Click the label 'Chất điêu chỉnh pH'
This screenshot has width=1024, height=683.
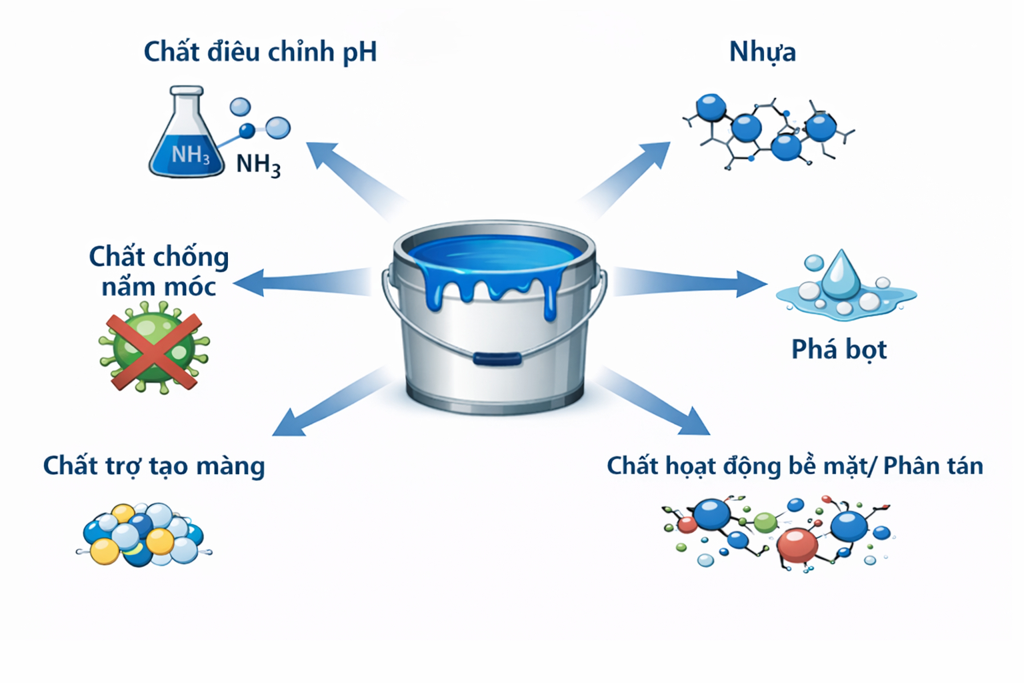260,52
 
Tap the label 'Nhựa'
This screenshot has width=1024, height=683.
762,52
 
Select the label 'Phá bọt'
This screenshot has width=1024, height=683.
839,350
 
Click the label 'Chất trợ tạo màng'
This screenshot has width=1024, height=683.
154,466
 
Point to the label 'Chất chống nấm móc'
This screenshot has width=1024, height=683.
159,271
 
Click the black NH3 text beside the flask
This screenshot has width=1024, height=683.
258,164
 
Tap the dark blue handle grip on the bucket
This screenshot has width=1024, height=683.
497,359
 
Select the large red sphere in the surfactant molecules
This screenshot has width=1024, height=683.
798,544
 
